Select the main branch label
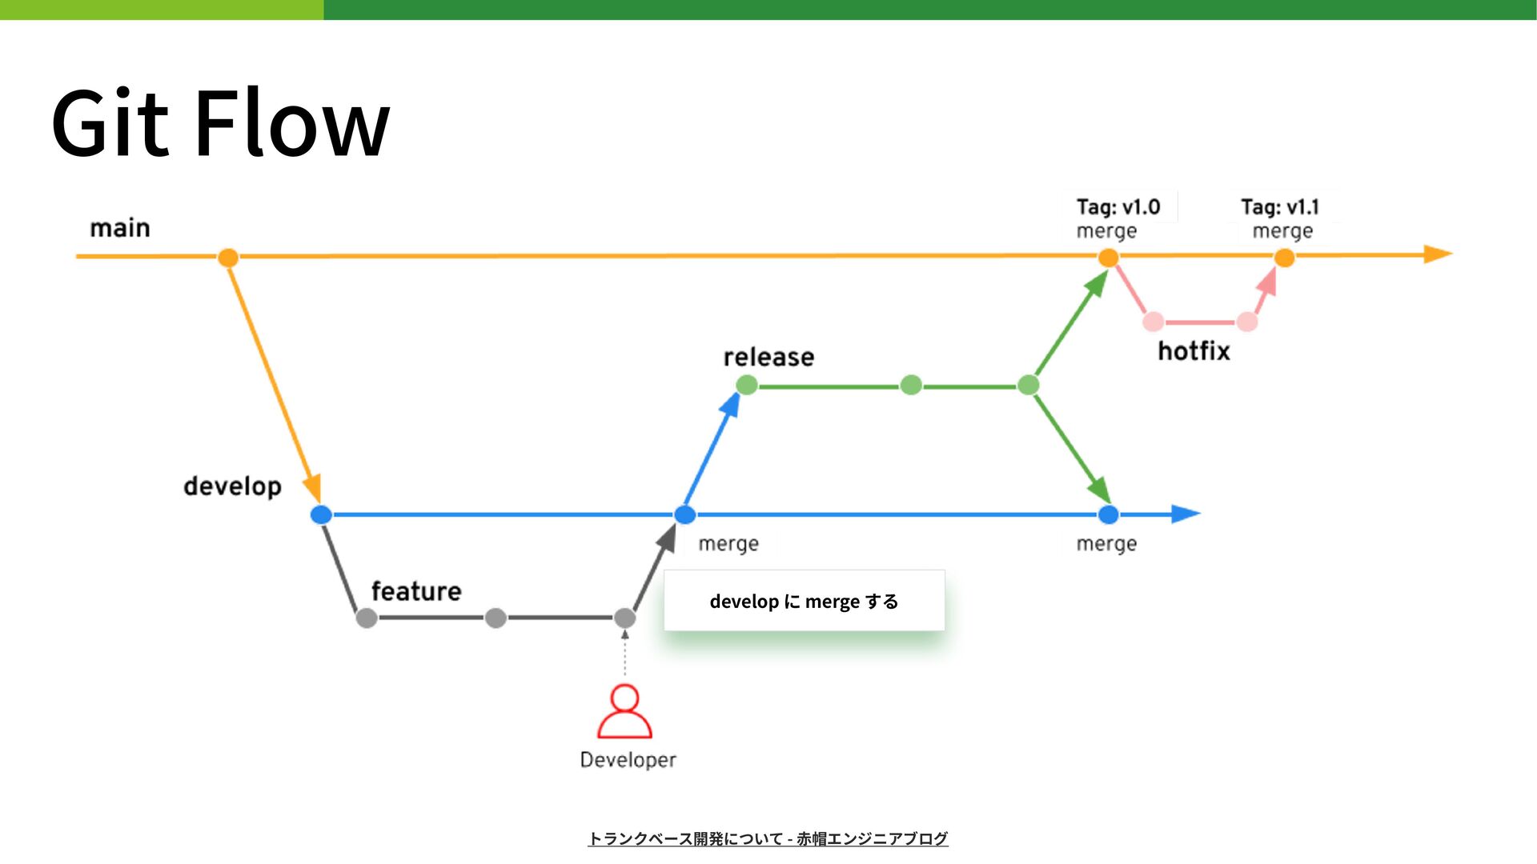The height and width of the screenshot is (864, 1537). [120, 228]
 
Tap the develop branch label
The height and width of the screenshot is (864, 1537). [232, 486]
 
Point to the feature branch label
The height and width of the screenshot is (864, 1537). [416, 591]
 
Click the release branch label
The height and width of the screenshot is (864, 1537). [768, 357]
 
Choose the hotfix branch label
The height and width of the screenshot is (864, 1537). [1194, 350]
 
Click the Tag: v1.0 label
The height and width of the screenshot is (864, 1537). [1118, 207]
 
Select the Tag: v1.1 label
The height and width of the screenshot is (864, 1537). [1280, 207]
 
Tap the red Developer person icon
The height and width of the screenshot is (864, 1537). [624, 710]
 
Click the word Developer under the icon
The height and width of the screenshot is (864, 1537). [628, 760]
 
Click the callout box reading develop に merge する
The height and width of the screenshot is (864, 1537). [804, 601]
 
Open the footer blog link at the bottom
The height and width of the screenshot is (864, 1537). [768, 838]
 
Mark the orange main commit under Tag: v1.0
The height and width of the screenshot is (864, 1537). [1108, 258]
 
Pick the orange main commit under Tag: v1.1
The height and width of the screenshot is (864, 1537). [1284, 258]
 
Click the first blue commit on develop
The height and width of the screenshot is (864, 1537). [321, 514]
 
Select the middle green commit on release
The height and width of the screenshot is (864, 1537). [911, 386]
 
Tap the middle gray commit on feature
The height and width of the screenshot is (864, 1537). [496, 618]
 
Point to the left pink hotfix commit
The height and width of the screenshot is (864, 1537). [1153, 322]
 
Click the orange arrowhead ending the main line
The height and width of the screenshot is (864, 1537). [1438, 255]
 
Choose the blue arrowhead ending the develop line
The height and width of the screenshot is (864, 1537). [1186, 514]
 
